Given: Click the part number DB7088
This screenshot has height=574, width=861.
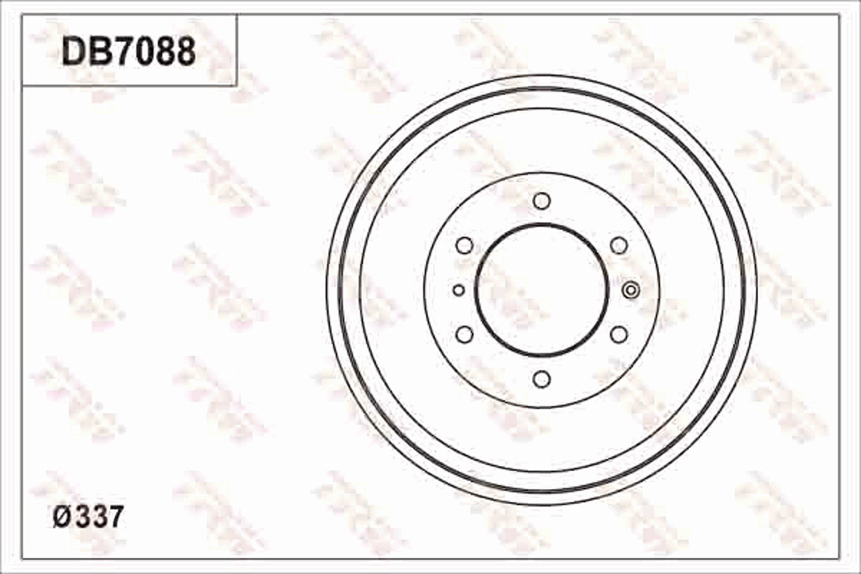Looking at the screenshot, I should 129,52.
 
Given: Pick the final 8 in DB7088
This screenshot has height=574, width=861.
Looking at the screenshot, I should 184,52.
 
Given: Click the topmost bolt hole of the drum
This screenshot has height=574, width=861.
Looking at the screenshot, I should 542,201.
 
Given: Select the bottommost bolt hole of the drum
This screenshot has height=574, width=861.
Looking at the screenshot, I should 542,379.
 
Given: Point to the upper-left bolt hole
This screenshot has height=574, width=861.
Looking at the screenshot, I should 464,245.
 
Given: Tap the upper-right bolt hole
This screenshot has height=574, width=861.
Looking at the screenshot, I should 619,245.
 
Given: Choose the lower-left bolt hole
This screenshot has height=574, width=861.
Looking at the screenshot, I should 464,334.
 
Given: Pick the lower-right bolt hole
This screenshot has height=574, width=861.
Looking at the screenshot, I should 619,334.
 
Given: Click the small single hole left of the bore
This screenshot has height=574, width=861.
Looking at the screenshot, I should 459,290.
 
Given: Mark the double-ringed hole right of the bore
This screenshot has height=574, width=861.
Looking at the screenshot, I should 631,290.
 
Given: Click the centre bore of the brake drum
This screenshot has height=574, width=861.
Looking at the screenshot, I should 542,290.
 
